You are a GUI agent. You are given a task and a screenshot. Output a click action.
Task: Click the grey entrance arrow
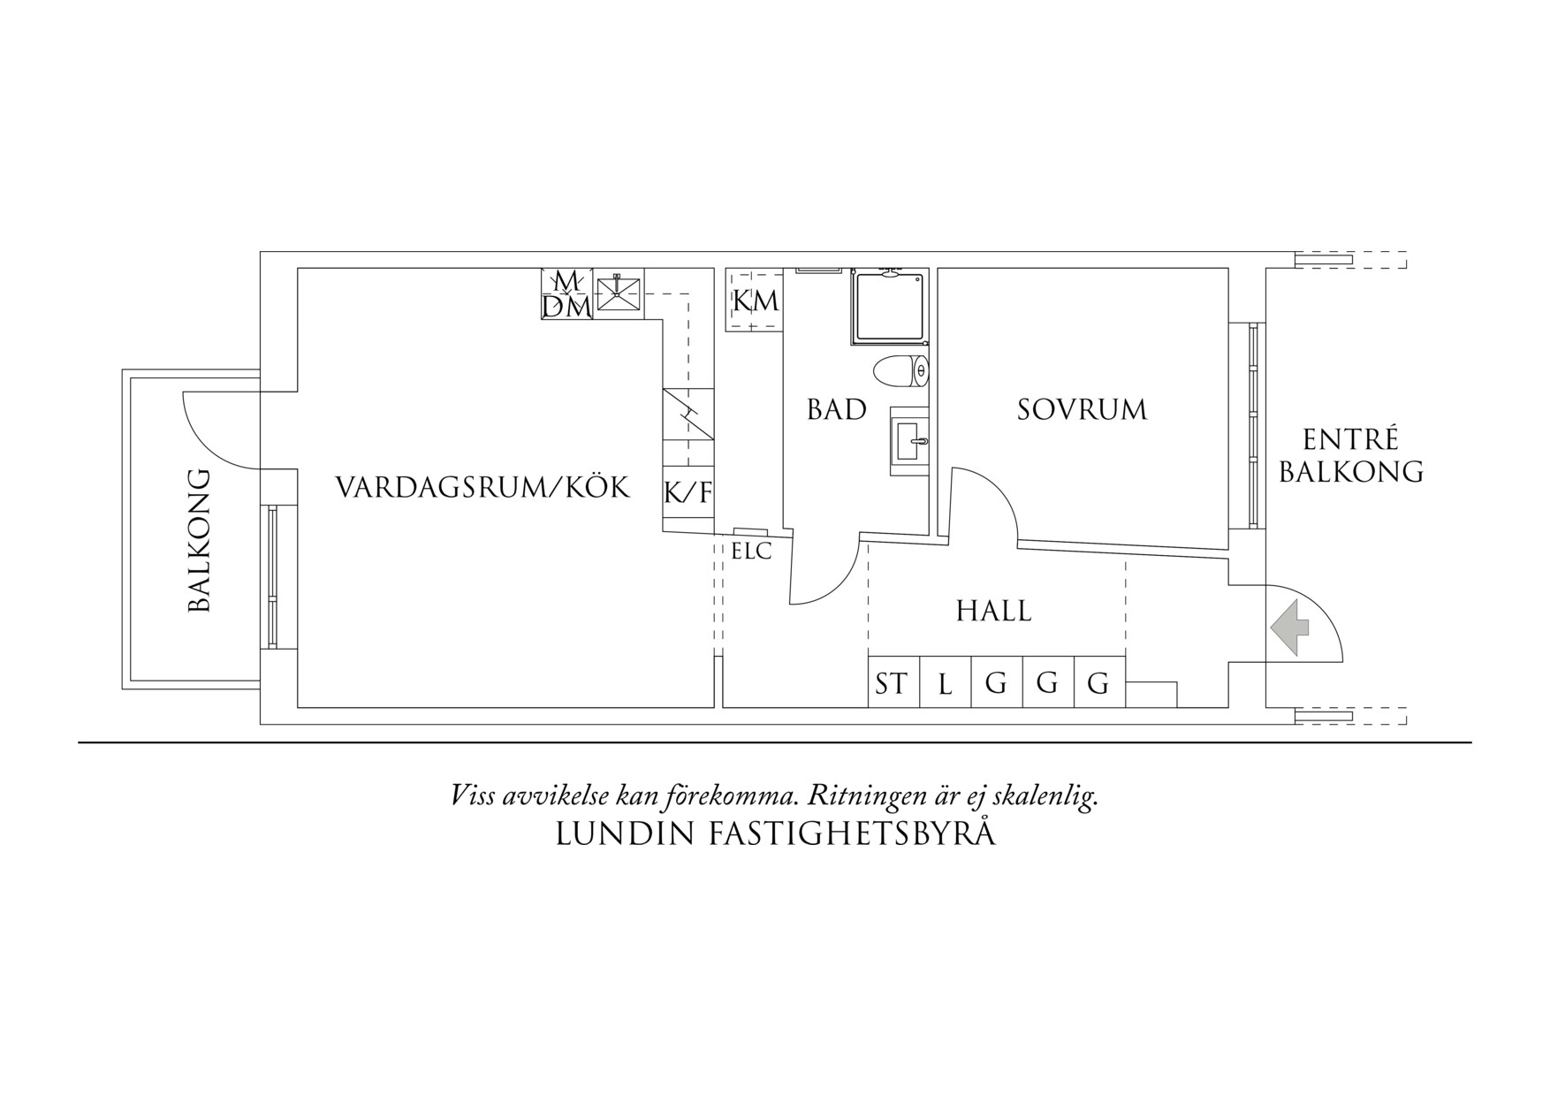[x=1290, y=628]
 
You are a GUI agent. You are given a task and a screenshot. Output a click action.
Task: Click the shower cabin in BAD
[x=890, y=307]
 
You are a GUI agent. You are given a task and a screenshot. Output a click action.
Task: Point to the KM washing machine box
[x=755, y=301]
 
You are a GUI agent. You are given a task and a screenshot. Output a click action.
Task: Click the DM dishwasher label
[x=566, y=307]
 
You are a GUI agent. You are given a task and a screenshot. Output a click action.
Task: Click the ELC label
[x=751, y=552]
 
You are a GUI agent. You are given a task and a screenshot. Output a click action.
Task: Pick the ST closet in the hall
[x=892, y=683]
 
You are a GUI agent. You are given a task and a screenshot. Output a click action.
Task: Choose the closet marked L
[x=945, y=683]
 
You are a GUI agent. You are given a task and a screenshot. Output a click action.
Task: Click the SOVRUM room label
[x=1082, y=410]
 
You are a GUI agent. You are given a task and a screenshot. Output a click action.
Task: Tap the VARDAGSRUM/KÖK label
[x=482, y=487]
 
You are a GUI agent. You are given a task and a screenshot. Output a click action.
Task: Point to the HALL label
[x=993, y=611]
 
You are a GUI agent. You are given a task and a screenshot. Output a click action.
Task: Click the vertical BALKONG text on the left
[x=200, y=540]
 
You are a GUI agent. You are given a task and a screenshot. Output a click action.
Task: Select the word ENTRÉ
[x=1350, y=440]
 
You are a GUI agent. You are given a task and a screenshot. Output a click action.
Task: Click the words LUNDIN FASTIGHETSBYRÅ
[x=775, y=833]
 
